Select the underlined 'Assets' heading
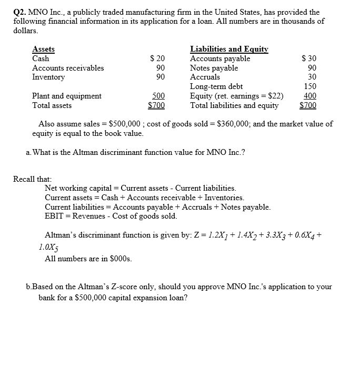pyautogui.click(x=43, y=50)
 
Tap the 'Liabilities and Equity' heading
pyautogui.click(x=229, y=50)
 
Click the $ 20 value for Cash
pyautogui.click(x=157, y=58)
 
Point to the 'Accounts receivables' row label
pyautogui.click(x=68, y=68)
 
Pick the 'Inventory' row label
pyautogui.click(x=48, y=77)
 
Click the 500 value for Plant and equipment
pyautogui.click(x=158, y=96)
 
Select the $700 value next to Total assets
pyautogui.click(x=156, y=105)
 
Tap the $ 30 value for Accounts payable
pyautogui.click(x=308, y=58)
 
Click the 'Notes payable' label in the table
pyautogui.click(x=214, y=68)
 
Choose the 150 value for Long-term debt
pyautogui.click(x=310, y=86)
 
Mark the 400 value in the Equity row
pyautogui.click(x=310, y=96)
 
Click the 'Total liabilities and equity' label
pyautogui.click(x=234, y=105)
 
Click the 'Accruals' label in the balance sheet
pyautogui.click(x=205, y=77)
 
